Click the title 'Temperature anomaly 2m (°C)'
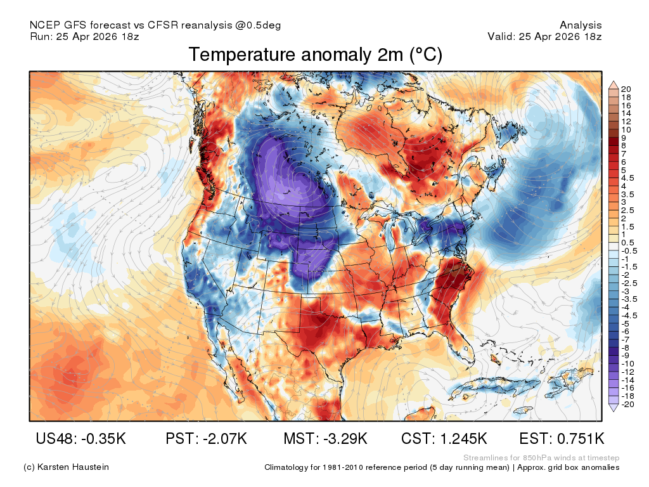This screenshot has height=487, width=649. click(x=316, y=55)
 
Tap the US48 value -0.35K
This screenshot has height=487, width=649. click(x=103, y=439)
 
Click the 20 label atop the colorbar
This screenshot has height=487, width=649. click(x=626, y=89)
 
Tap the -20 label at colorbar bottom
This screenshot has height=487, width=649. click(x=627, y=405)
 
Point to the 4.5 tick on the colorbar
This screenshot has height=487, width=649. click(x=627, y=178)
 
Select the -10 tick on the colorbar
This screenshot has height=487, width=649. click(x=627, y=364)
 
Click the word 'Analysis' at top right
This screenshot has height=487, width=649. click(x=581, y=25)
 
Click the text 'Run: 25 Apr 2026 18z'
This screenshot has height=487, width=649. click(x=84, y=36)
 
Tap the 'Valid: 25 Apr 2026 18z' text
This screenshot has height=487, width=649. click(x=544, y=36)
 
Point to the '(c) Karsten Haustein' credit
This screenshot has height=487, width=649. click(x=66, y=467)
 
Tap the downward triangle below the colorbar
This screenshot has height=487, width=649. click(x=614, y=408)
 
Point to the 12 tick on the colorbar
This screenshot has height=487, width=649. click(x=626, y=122)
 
